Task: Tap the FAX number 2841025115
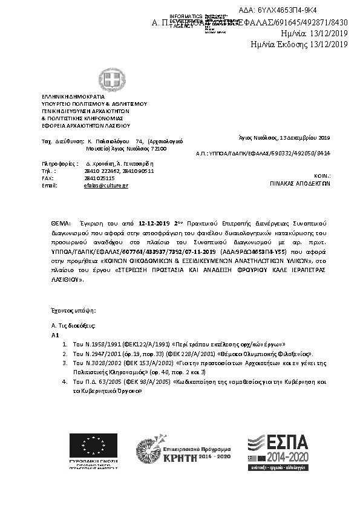pos(98,178)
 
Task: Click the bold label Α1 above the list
pos(55,334)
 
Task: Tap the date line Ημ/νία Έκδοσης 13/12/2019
pos(299,44)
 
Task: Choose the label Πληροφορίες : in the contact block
pos(60,163)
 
